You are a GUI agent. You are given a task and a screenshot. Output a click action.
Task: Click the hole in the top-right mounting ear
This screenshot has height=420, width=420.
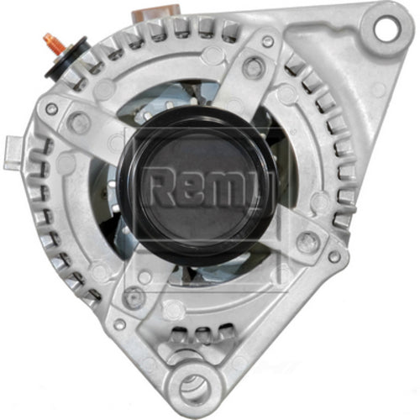(x=386, y=29)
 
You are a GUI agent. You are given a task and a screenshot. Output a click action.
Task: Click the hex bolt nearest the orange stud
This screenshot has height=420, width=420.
(x=80, y=123)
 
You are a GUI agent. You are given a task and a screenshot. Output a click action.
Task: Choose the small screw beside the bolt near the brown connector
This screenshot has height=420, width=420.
(x=267, y=42)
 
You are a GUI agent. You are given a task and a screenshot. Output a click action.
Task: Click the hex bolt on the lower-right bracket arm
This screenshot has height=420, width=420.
(x=307, y=241)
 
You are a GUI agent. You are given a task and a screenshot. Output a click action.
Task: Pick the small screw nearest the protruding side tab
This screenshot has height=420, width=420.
(x=52, y=109)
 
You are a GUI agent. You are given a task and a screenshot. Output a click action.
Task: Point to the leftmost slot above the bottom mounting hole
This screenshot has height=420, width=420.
(x=176, y=339)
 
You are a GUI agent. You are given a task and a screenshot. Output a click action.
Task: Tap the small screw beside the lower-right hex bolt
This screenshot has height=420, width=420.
(x=333, y=255)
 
